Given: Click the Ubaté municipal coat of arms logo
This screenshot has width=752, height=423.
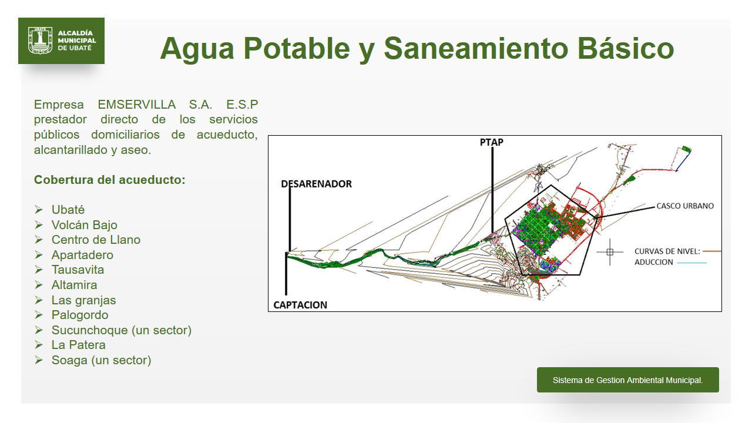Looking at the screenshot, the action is (x=41, y=41).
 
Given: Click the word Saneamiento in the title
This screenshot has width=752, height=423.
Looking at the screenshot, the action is (x=476, y=48).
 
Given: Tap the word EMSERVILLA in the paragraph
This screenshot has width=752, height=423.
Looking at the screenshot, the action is (x=137, y=105).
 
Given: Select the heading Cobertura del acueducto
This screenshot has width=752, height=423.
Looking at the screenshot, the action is (x=109, y=180).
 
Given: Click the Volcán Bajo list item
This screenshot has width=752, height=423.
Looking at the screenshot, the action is (x=84, y=224).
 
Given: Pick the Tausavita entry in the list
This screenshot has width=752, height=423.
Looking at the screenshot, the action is (x=78, y=270).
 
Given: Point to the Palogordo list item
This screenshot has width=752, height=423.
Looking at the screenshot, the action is (x=80, y=315).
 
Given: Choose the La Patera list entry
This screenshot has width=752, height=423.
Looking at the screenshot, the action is (x=78, y=345).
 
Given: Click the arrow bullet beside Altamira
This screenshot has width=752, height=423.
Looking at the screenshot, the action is (x=39, y=285).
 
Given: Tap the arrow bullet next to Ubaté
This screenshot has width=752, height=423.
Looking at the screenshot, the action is (x=39, y=210).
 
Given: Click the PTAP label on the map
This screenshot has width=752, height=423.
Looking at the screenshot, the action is (x=492, y=142).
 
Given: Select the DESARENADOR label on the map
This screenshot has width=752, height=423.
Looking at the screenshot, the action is (x=316, y=184).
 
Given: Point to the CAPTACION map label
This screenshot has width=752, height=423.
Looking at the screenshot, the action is (x=300, y=305).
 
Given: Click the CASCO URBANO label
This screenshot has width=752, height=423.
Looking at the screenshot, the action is (x=685, y=206).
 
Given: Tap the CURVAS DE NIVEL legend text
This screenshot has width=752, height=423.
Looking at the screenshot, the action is (x=667, y=251).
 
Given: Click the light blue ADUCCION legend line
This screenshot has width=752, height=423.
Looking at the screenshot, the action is (x=692, y=263).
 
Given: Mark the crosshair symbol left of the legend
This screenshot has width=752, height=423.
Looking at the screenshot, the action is (x=610, y=252).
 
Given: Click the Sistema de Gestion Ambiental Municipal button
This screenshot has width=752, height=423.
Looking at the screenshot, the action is (x=628, y=380).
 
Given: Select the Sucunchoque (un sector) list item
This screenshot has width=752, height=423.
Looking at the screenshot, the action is (x=121, y=330).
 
